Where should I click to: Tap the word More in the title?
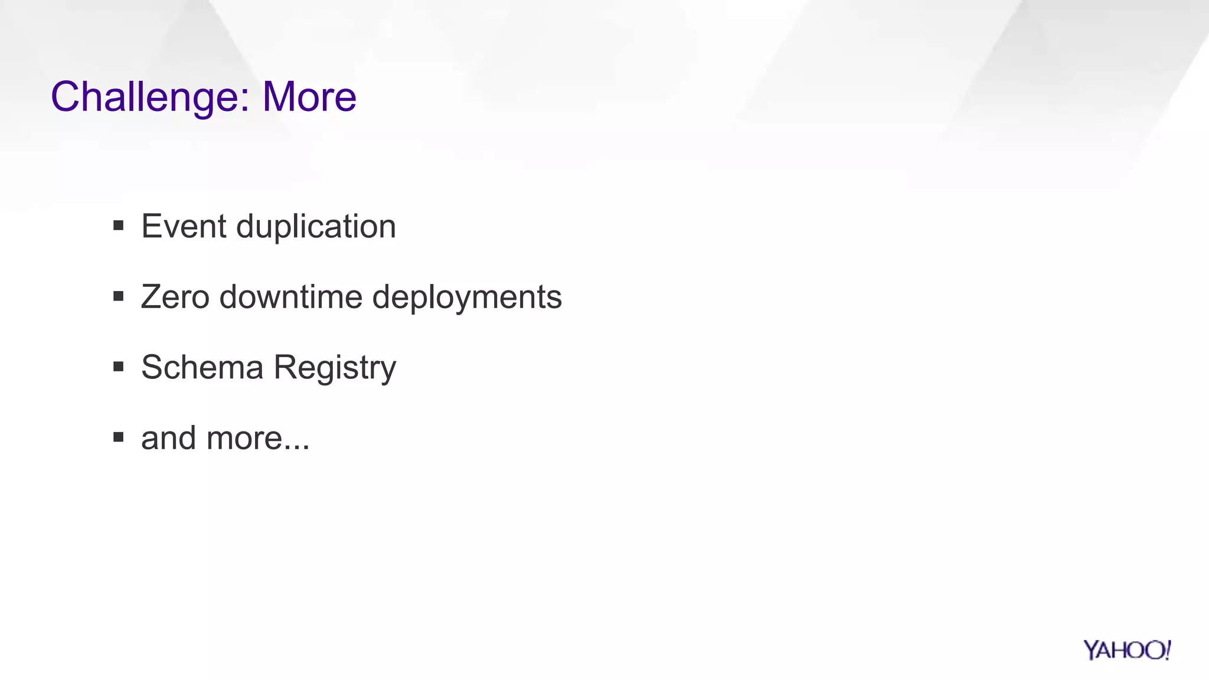(309, 97)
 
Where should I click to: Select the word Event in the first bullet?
(184, 226)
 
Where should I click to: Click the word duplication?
(316, 226)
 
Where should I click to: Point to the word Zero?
(175, 296)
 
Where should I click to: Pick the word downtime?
(290, 296)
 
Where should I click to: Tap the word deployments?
(467, 297)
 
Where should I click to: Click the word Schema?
(202, 367)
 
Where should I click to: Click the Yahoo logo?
(1127, 650)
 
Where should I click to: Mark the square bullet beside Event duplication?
(119, 225)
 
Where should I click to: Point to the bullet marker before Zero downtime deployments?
(119, 296)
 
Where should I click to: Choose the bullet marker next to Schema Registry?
(119, 367)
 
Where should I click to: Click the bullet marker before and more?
(119, 437)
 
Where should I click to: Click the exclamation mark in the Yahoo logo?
(1167, 649)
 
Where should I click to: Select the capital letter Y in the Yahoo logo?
(1092, 650)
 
